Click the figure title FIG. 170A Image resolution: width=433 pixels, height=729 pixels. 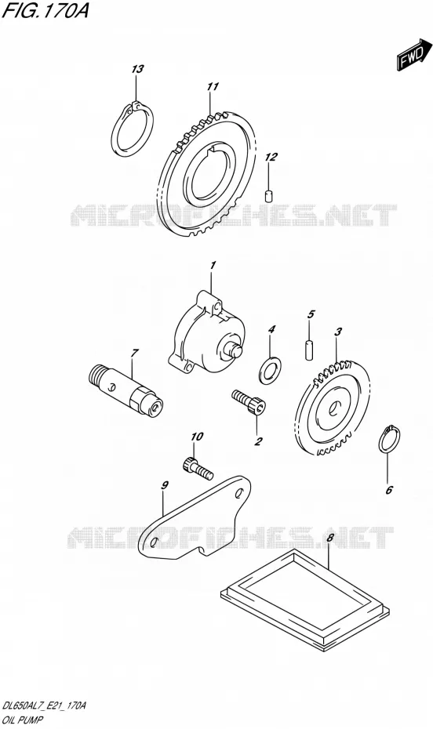45,11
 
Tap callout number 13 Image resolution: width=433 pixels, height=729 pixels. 137,69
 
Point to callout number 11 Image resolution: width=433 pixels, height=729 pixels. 213,86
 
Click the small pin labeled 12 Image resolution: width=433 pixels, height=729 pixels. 268,196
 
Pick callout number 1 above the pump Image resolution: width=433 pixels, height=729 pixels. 213,266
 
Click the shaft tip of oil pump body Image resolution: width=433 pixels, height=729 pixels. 236,350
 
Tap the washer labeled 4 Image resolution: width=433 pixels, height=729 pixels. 270,368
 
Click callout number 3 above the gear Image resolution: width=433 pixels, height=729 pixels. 338,332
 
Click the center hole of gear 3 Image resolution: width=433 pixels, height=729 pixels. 333,408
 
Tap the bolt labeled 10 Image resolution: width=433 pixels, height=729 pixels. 197,468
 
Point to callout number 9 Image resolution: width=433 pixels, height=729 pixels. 164,485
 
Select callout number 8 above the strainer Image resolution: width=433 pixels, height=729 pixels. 330,538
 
